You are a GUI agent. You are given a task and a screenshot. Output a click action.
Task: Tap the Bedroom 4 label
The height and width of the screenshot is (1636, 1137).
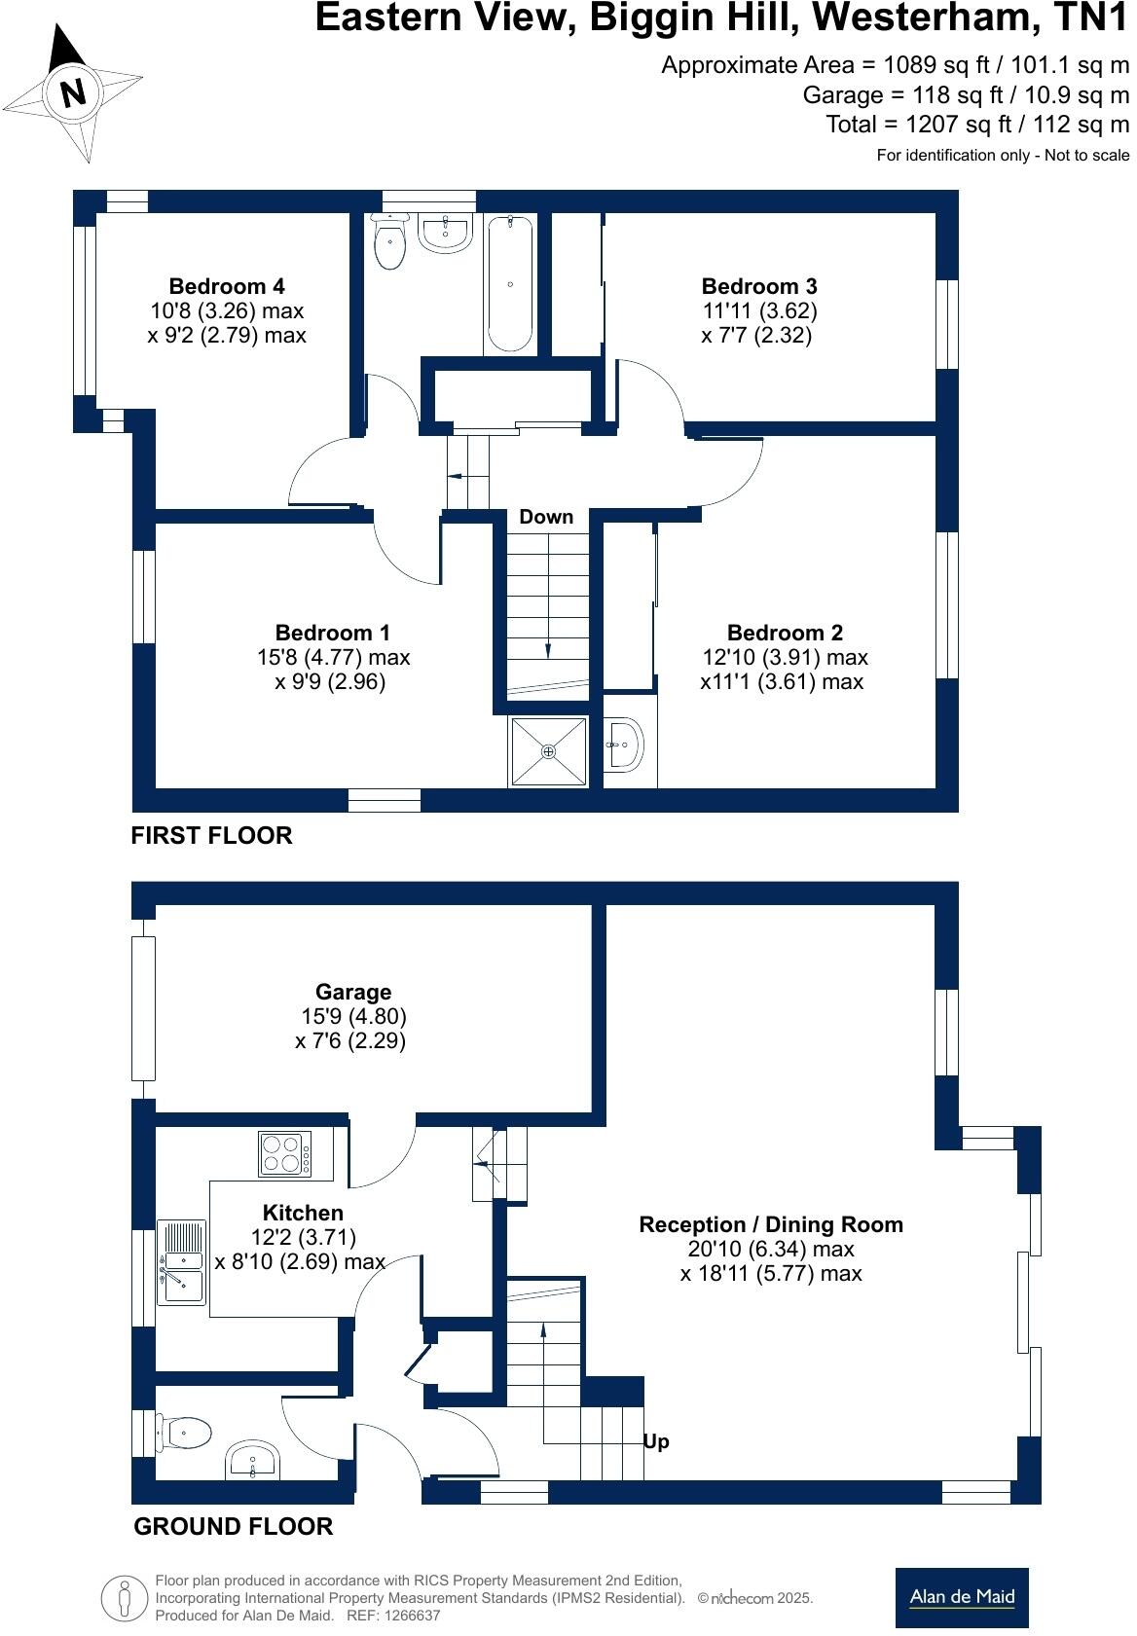coord(226,286)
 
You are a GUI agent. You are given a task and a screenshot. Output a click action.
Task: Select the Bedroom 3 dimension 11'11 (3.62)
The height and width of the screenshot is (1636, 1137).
coord(759,310)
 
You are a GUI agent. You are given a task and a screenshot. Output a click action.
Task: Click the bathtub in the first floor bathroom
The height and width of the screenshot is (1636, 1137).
coord(510,285)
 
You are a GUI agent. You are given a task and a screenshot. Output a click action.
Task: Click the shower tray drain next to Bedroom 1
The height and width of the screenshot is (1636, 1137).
coord(548,751)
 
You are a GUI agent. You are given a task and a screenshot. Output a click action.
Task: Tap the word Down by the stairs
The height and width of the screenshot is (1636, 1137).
coord(545,517)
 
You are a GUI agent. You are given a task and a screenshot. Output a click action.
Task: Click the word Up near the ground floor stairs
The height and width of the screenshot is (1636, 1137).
coord(656,1441)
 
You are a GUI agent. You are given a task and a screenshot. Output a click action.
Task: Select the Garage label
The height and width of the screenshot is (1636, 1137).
coord(352,992)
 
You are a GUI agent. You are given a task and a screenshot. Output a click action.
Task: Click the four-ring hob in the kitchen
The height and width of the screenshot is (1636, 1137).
coord(284,1153)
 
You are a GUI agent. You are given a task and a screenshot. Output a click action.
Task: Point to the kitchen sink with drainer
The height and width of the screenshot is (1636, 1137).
coord(181,1262)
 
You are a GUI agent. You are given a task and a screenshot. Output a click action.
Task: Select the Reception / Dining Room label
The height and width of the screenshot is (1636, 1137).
coord(770,1224)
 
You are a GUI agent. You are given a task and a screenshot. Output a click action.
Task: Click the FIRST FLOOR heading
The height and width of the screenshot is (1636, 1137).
coord(211,835)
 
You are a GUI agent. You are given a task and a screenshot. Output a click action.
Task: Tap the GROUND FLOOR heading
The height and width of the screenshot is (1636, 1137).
coord(233,1526)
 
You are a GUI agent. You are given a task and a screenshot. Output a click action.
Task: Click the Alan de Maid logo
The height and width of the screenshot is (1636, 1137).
coord(961,1597)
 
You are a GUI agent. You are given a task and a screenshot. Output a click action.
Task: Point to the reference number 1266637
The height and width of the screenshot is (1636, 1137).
coord(414,1616)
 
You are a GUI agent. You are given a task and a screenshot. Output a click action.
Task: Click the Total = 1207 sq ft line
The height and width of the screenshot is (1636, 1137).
coord(976,125)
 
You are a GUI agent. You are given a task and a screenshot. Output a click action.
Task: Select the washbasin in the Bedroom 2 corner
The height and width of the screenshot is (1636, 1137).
coord(623,745)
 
